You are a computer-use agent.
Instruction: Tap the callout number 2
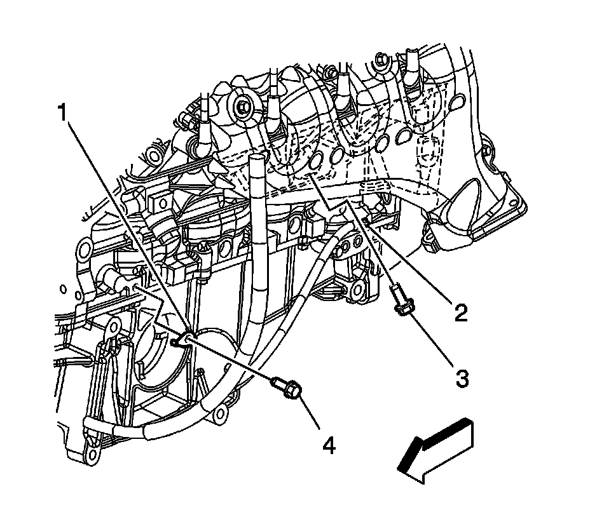[461, 312]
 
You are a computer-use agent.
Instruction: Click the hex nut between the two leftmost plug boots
[242, 107]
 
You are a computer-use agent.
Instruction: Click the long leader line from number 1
[127, 229]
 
